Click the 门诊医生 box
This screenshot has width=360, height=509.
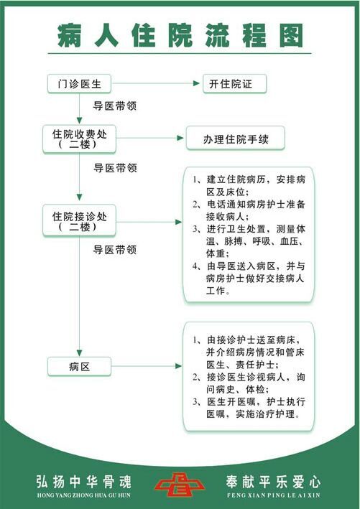(x=79, y=84)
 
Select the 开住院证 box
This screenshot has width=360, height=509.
(x=234, y=84)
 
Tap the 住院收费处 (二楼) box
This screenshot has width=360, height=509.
(x=79, y=139)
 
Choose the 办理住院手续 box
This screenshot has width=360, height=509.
(x=235, y=139)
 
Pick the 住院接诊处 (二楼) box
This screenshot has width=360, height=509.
(x=79, y=220)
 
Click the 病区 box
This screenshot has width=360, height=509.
(x=79, y=366)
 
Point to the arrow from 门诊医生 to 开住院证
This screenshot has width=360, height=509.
(x=156, y=83)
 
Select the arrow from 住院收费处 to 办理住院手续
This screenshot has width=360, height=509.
(x=150, y=138)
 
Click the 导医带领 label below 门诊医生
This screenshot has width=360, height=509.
(x=115, y=106)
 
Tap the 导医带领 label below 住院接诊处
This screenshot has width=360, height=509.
(x=115, y=250)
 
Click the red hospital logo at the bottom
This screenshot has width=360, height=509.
(x=180, y=485)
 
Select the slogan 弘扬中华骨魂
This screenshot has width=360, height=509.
(x=84, y=482)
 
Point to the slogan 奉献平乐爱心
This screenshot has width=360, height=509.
(x=273, y=482)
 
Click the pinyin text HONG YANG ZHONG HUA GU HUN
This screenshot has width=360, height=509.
(x=84, y=495)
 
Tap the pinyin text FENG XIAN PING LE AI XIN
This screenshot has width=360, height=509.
(x=273, y=495)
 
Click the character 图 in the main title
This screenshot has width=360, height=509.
(x=292, y=35)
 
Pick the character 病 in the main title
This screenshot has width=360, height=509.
(x=69, y=35)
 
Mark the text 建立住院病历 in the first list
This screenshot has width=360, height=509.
(x=236, y=179)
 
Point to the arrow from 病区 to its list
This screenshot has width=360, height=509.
(x=147, y=366)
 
